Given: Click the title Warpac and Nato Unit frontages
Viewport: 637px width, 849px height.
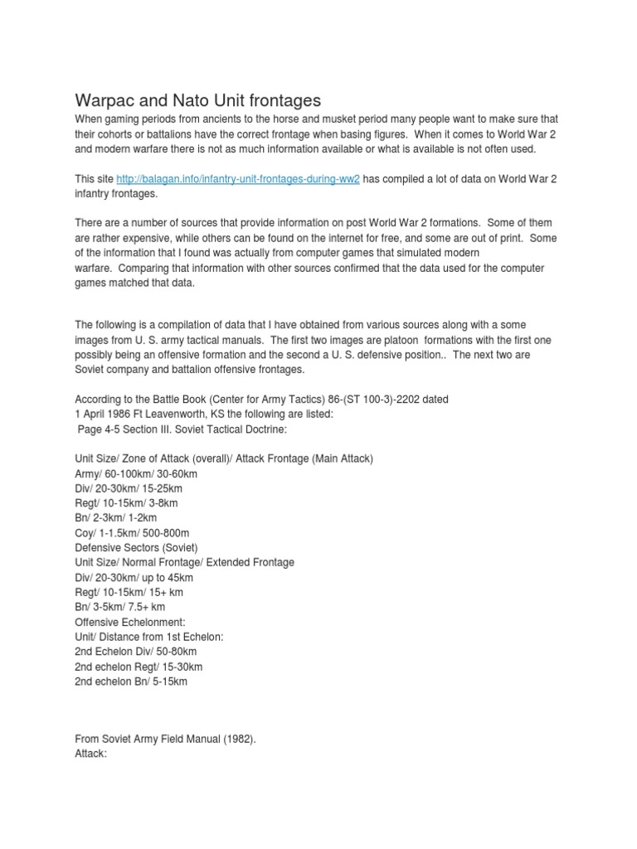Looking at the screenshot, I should coord(197,101).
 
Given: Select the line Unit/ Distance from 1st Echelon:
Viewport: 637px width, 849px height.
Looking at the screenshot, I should coord(149,637).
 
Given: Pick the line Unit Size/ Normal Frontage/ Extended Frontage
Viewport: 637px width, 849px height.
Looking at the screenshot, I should coord(196,562).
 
